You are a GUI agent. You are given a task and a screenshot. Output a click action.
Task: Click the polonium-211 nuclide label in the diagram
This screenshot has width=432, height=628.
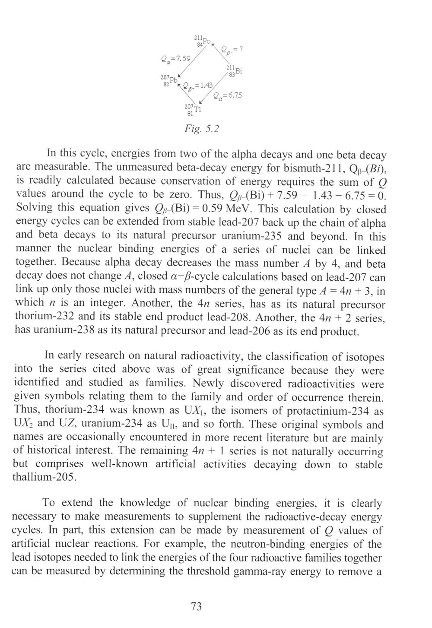point(202,41)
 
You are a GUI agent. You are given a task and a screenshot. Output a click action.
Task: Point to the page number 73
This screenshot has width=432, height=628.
point(196,606)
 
